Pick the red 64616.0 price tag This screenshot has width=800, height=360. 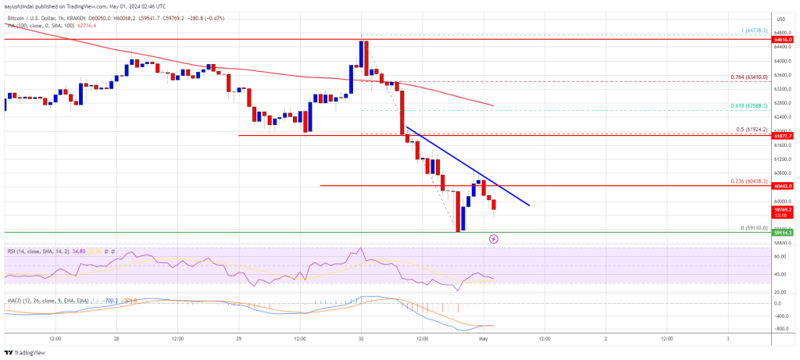pyautogui.click(x=784, y=39)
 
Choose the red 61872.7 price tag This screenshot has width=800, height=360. pyautogui.click(x=784, y=136)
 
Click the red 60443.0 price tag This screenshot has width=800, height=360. pyautogui.click(x=784, y=186)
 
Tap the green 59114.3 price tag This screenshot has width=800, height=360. pyautogui.click(x=784, y=233)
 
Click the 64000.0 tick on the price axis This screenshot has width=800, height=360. pyautogui.click(x=784, y=61)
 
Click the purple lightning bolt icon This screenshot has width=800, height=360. pyautogui.click(x=494, y=240)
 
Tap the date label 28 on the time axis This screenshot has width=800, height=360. pyautogui.click(x=116, y=339)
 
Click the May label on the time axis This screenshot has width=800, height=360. pyautogui.click(x=484, y=339)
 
